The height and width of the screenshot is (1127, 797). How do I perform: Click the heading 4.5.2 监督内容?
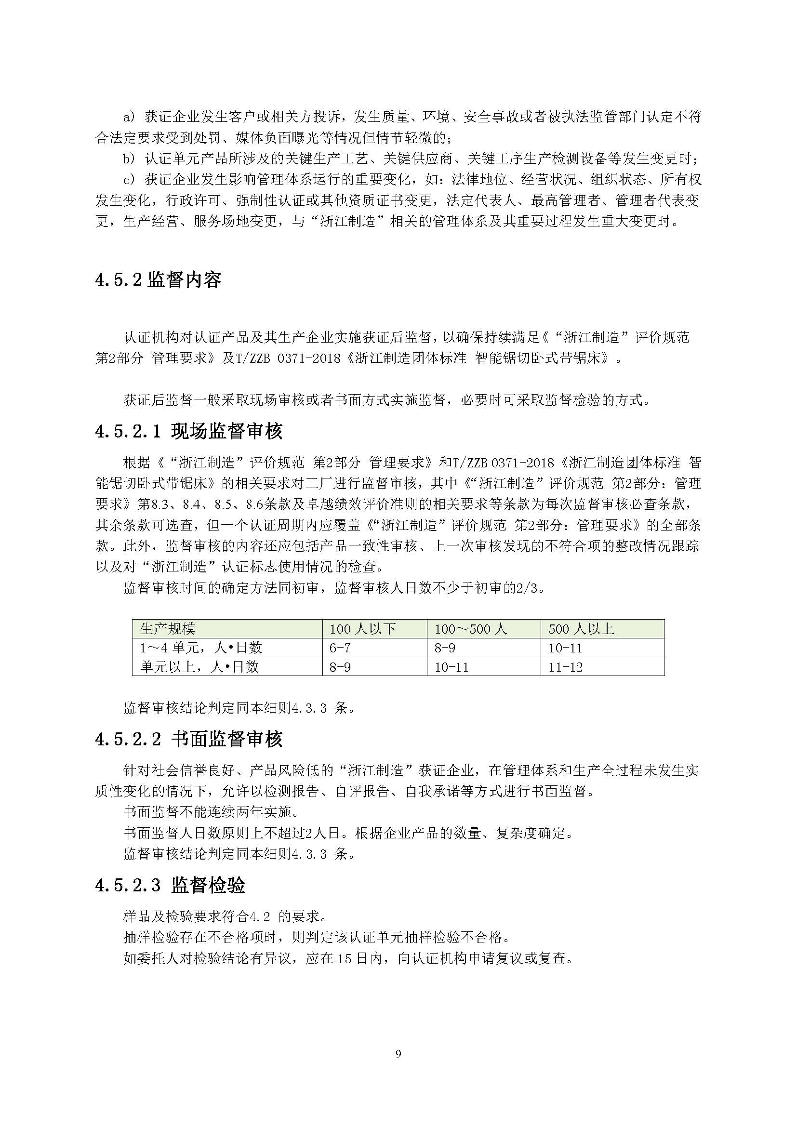click(x=158, y=280)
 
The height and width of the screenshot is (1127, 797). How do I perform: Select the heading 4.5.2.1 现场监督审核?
click(x=189, y=431)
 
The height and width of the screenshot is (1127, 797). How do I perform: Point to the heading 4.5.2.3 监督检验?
click(x=170, y=885)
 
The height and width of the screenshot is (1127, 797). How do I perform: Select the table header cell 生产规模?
click(x=168, y=629)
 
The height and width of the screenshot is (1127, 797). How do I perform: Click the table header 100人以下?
click(x=362, y=629)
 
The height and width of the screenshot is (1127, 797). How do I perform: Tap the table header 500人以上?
click(x=581, y=629)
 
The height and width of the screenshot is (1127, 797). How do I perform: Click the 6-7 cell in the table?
click(x=340, y=648)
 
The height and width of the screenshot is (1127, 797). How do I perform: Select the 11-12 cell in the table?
click(x=565, y=667)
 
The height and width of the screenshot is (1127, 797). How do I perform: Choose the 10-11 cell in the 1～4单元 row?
click(x=565, y=648)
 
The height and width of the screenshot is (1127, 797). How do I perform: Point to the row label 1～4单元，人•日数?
click(x=201, y=648)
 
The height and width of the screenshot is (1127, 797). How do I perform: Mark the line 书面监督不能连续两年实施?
click(x=212, y=812)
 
